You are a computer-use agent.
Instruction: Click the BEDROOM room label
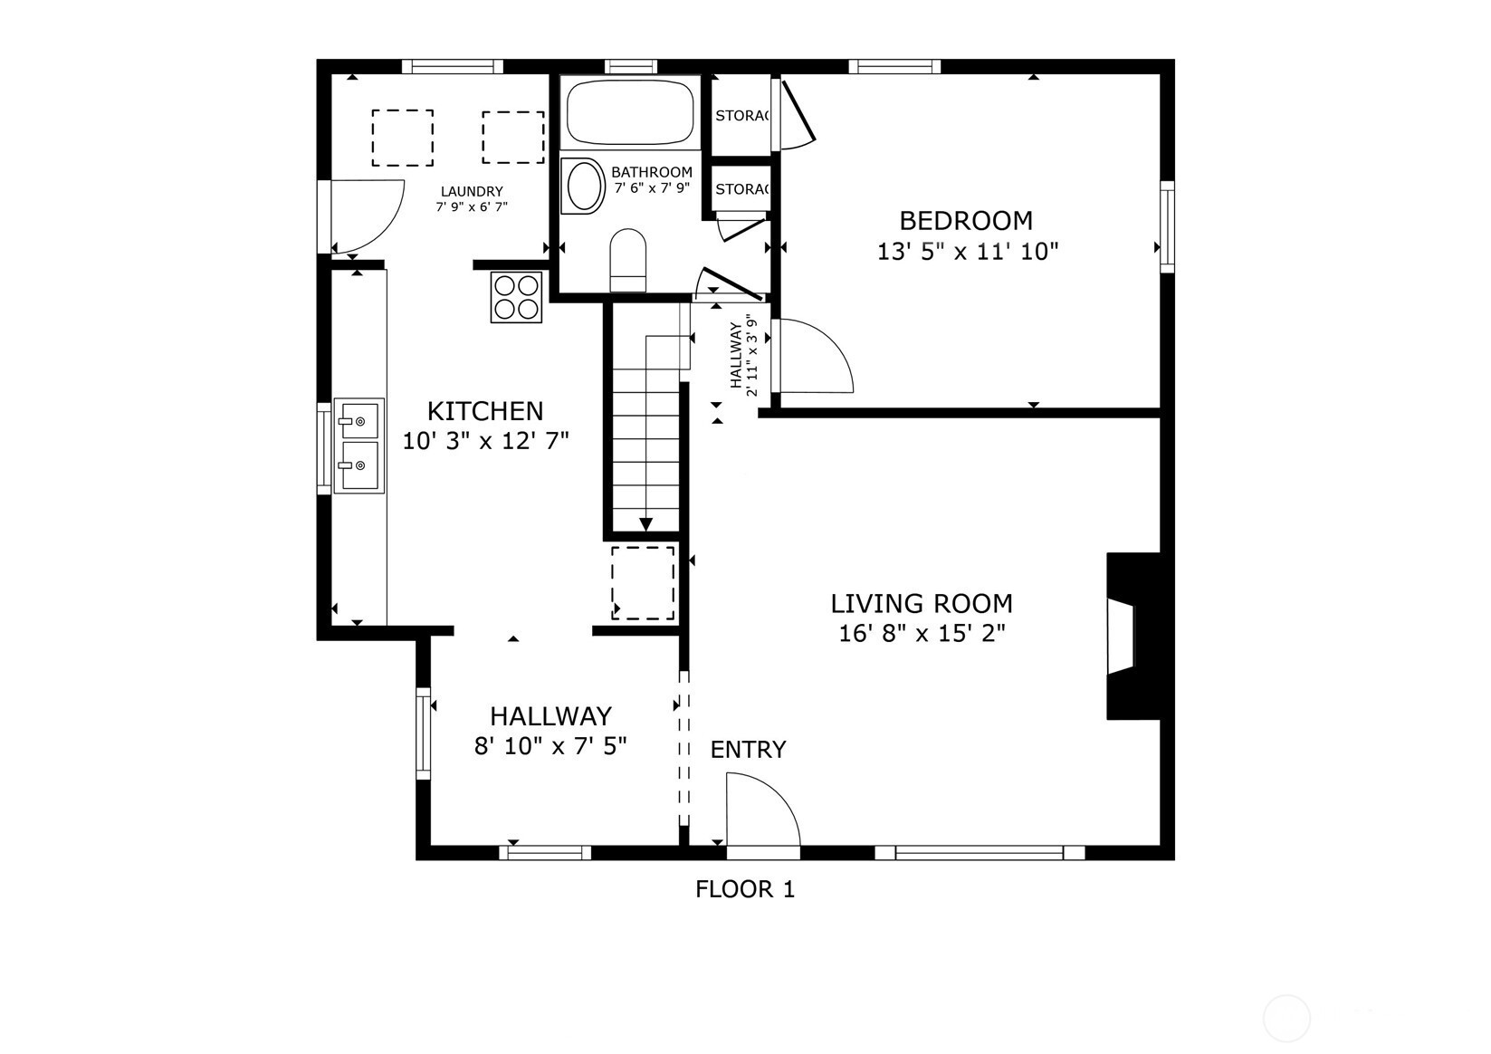coord(966,220)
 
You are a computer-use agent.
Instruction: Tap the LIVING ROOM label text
coord(922,604)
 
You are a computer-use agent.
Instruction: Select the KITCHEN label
coord(485,411)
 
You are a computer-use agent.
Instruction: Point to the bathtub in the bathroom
coord(630,112)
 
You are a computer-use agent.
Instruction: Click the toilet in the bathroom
coord(627,261)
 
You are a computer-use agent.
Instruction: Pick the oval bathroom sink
coord(583,186)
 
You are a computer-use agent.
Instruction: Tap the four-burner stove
coord(516,297)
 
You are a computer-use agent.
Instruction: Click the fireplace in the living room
coord(1133,636)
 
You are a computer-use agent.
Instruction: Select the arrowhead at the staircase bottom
coord(645,524)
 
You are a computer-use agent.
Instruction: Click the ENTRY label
coord(748,750)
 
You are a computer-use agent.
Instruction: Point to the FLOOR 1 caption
coord(745,889)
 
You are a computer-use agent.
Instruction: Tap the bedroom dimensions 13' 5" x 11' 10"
coord(967,252)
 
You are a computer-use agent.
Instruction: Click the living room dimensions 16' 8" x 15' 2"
coord(922,633)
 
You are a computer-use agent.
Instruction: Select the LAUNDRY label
coord(472,192)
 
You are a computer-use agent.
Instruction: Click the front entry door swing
coord(763,810)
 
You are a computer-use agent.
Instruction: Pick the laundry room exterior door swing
coord(368,216)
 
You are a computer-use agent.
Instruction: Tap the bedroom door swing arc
coord(817,356)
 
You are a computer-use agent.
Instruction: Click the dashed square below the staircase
coord(643,583)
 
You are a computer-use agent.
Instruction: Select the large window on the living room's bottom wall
coord(980,853)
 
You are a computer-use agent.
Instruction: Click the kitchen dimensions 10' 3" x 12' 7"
coord(485,441)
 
